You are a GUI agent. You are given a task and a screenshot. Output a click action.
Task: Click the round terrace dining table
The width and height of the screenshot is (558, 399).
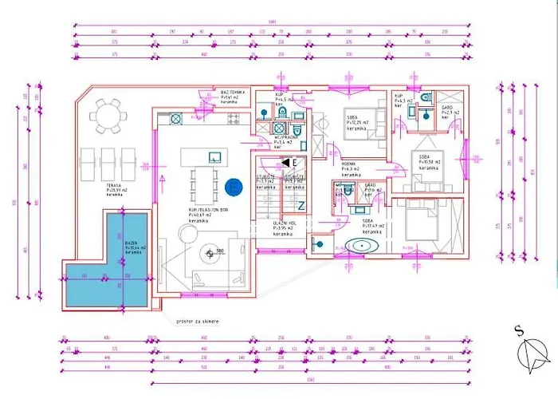click(x=111, y=120)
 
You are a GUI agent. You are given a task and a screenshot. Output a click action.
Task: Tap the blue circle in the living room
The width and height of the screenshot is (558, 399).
click(x=233, y=187)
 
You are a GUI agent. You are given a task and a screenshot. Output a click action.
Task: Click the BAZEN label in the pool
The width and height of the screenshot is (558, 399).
click(x=132, y=243)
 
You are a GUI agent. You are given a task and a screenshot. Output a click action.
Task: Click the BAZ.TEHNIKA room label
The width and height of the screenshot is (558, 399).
click(x=232, y=96)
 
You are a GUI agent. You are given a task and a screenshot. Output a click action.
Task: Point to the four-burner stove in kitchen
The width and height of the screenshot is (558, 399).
click(x=234, y=119)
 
